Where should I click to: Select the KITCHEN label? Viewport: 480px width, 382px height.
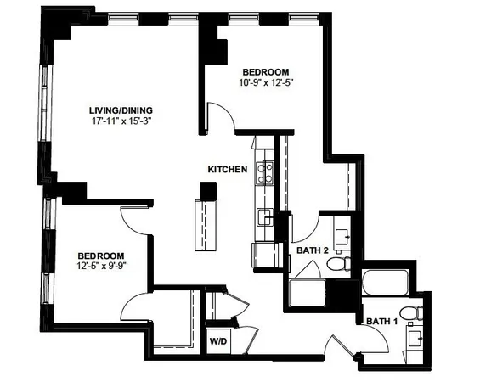(x=228, y=170)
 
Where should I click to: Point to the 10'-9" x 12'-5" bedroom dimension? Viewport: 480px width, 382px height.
(x=266, y=82)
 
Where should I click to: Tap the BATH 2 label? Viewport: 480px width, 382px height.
(x=313, y=250)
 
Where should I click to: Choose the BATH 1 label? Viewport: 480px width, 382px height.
(x=382, y=321)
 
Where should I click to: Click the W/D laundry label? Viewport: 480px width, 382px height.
(x=219, y=341)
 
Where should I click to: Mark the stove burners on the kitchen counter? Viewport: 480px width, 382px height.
(x=265, y=173)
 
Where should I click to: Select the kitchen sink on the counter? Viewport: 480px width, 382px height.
(x=265, y=216)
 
